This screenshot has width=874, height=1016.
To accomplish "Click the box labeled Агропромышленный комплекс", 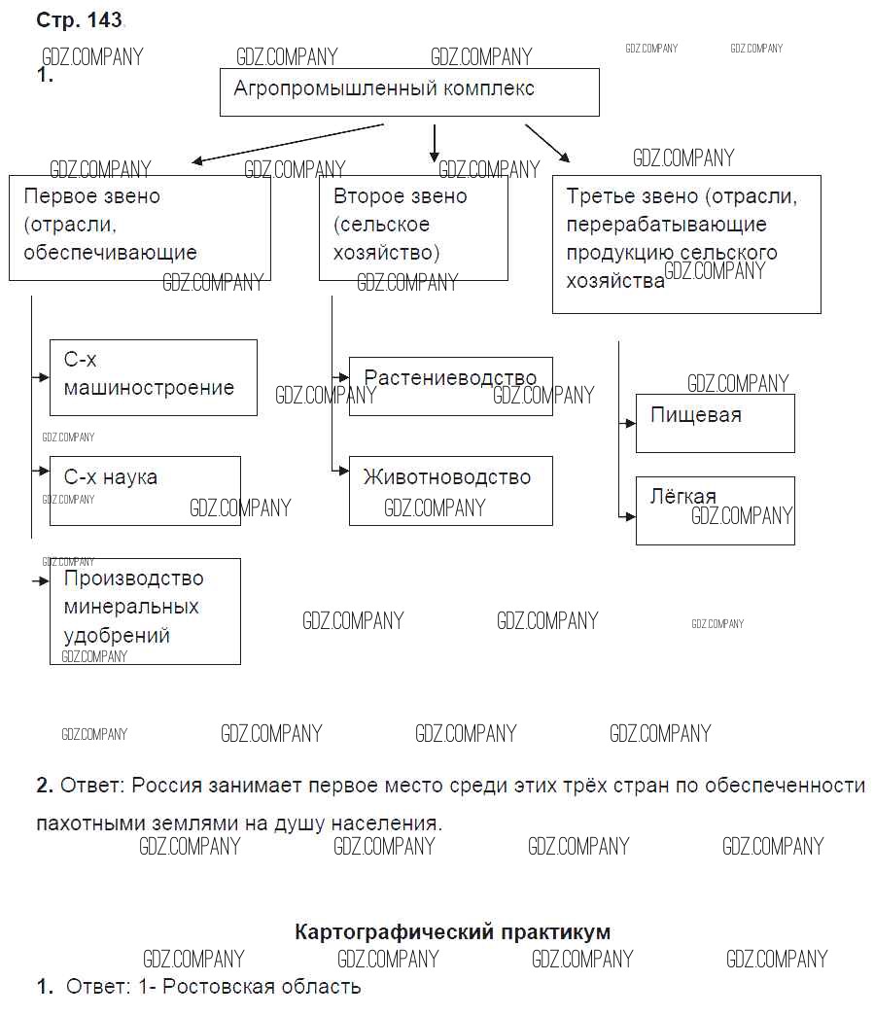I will click(408, 92).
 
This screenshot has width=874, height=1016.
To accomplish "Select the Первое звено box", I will click(139, 227).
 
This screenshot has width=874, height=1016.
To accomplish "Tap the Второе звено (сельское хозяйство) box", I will click(413, 227).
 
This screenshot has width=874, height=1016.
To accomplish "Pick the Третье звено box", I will click(685, 243).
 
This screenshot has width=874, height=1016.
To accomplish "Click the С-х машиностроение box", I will click(153, 376).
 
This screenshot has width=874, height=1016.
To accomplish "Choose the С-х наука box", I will click(144, 490).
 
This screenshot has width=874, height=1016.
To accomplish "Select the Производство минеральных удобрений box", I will click(144, 611).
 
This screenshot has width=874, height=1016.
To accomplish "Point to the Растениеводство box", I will click(450, 385).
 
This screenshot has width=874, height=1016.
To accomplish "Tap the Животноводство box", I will click(450, 490).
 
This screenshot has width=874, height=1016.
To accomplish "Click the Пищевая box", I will click(715, 422).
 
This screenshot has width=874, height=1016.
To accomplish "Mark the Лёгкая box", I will click(715, 509).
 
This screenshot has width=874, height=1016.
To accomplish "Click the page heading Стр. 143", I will click(79, 20).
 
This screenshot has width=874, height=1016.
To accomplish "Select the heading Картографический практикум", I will click(452, 931).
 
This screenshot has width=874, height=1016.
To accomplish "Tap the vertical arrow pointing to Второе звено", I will click(435, 144).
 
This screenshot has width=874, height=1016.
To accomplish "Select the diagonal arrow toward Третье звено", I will click(547, 142).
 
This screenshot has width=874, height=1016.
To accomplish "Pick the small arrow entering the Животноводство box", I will click(340, 471).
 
